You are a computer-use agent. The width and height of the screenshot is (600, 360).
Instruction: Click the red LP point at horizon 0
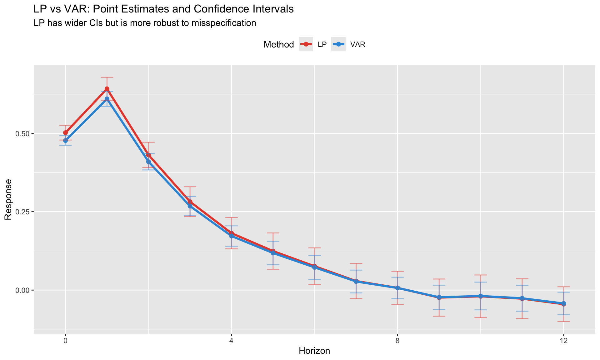[65, 133]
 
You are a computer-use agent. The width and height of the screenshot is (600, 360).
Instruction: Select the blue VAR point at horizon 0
[65, 141]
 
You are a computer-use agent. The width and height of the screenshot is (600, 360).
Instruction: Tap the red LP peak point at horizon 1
[107, 89]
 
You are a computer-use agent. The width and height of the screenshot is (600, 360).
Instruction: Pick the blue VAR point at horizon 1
[107, 99]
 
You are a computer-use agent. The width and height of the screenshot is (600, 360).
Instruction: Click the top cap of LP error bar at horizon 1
[107, 77]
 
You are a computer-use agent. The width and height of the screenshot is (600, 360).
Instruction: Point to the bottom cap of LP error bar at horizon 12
[563, 322]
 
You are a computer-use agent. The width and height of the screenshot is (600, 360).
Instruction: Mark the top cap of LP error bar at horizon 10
[481, 275]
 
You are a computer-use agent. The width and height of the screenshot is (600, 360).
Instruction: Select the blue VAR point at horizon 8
[397, 288]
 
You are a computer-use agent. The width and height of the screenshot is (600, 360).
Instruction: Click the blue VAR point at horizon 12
[563, 303]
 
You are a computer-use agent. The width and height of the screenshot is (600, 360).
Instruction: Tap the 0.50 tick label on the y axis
[22, 133]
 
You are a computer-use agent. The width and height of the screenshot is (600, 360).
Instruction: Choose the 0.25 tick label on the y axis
[22, 212]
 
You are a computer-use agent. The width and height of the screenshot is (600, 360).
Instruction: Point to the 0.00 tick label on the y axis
[22, 290]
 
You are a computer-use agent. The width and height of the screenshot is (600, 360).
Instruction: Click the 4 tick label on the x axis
[231, 341]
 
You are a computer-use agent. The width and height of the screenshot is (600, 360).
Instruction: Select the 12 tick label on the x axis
[563, 341]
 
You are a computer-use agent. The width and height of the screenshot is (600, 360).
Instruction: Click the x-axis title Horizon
[314, 351]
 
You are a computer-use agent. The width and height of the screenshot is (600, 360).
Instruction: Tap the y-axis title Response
[8, 199]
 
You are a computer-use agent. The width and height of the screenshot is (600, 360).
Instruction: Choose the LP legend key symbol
[306, 44]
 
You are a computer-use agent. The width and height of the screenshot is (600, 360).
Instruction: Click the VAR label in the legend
[358, 44]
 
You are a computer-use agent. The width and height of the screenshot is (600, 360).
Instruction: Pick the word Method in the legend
[279, 44]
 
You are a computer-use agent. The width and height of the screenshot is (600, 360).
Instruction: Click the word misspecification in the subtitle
[226, 23]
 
